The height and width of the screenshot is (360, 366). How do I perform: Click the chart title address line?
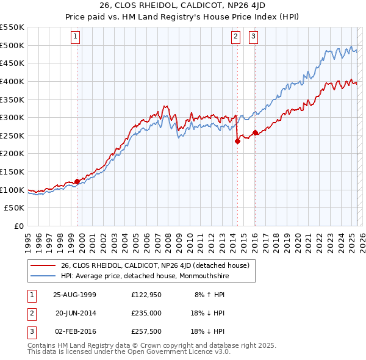(x=182, y=7)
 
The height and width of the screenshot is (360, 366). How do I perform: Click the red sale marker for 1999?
(x=77, y=181)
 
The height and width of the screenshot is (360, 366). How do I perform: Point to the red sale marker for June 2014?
(x=237, y=141)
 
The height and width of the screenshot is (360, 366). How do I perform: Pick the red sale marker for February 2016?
(x=254, y=133)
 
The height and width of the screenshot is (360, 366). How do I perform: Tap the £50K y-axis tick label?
(x=15, y=208)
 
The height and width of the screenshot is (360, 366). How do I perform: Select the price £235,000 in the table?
(x=147, y=312)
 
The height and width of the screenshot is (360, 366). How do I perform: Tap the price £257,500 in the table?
(x=147, y=331)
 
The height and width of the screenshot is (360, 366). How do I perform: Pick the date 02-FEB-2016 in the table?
(x=74, y=331)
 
